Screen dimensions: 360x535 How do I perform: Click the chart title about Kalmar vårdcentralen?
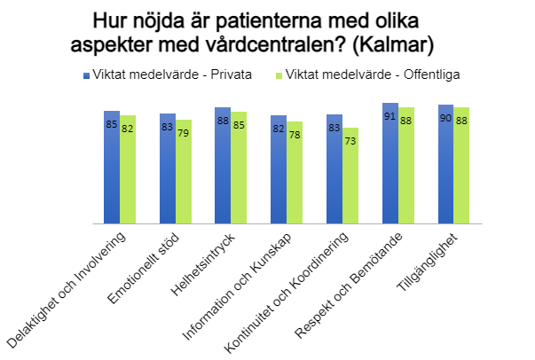[266, 31]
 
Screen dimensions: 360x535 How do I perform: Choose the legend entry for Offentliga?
[373, 75]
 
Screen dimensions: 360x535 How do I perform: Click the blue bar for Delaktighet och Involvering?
[112, 168]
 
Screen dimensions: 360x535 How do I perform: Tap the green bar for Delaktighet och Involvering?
[129, 169]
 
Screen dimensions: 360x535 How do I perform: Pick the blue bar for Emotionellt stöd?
[168, 168]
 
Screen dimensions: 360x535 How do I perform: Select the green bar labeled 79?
[184, 172]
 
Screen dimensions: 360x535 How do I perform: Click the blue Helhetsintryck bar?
[223, 166]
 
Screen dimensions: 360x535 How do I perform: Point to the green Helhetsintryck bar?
[240, 168]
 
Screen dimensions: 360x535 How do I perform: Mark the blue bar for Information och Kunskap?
[279, 169]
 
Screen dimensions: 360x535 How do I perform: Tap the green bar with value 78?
[295, 173]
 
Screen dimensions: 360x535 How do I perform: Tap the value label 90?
[445, 118]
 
